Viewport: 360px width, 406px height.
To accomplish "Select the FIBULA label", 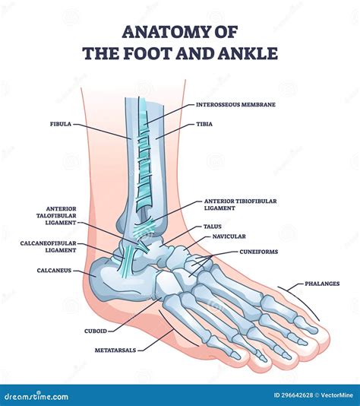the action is [x=61, y=124].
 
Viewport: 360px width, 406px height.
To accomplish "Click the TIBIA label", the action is [x=204, y=124].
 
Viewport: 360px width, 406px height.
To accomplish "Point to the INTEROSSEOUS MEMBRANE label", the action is [x=235, y=105].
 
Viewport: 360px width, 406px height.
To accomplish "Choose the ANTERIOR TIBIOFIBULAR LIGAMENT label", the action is [x=241, y=205].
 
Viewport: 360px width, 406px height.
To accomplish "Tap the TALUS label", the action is [x=213, y=227].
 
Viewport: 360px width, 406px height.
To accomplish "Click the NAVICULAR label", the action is [x=229, y=236].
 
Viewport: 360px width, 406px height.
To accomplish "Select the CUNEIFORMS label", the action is [x=259, y=252].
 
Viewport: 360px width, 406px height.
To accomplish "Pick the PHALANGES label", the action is [x=322, y=284].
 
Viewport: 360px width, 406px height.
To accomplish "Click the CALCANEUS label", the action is [x=54, y=271].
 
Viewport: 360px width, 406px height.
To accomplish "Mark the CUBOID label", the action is [x=96, y=331].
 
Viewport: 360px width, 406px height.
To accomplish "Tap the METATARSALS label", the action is [x=115, y=350].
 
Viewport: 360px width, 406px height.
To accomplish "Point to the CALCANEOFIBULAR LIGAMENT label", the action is [x=49, y=247].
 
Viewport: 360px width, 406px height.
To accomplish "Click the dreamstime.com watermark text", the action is [x=36, y=396].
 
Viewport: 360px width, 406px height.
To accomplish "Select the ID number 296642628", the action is [x=293, y=395].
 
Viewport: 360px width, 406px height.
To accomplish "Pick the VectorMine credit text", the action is [x=336, y=395].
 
